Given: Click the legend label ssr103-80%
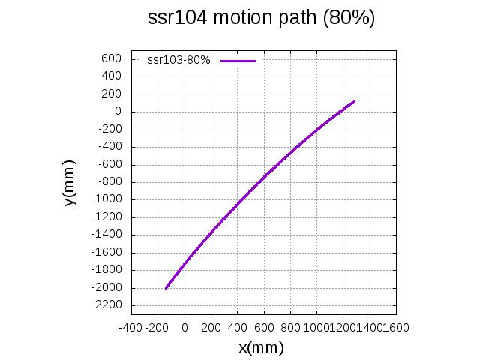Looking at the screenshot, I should [178, 60].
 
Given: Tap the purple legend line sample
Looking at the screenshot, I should [238, 60].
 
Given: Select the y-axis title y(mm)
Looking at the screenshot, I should [70, 183].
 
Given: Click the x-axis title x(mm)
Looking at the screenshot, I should [261, 347].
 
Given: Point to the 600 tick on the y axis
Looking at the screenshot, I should [112, 58].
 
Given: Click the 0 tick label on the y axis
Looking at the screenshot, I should [118, 112].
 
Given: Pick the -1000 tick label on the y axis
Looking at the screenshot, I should [107, 199].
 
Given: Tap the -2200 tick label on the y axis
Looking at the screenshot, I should [107, 305].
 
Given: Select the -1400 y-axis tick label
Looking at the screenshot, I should [107, 235].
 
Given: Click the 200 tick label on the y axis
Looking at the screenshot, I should [112, 94].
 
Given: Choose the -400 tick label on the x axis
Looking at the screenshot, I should [130, 328].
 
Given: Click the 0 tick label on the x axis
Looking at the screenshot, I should [184, 328].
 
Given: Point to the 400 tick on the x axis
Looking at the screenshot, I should [238, 328].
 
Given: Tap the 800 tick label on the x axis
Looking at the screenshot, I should [290, 328].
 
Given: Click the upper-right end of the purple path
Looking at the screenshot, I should [354, 100].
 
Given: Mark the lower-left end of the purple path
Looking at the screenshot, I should [166, 287].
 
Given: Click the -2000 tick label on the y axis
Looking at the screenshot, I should [107, 288].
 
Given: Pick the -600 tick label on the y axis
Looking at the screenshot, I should [109, 164].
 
